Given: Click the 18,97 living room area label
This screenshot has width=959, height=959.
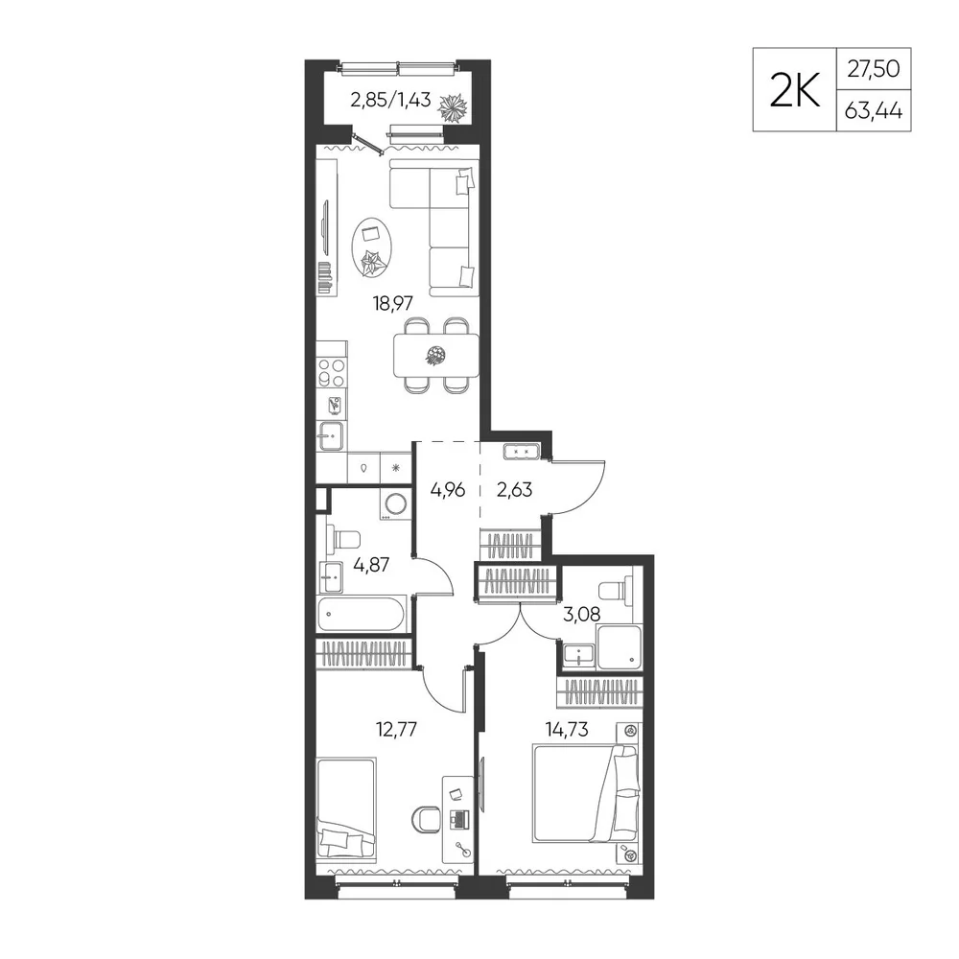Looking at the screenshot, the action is tap(393, 303).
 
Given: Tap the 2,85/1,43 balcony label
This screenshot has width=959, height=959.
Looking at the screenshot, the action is tap(391, 99).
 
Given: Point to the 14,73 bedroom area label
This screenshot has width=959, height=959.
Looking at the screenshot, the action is tap(567, 729).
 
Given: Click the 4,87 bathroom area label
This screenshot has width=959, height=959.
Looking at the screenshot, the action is tap(371, 564).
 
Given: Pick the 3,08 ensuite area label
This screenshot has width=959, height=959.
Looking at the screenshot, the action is tap(581, 614).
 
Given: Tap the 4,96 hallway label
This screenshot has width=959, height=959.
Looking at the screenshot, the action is tap(448, 490).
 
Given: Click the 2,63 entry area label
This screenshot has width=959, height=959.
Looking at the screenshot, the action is tap(514, 490).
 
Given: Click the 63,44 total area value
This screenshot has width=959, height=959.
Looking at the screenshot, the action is tap(874, 111).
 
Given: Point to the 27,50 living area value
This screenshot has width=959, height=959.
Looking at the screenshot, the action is tap(874, 68).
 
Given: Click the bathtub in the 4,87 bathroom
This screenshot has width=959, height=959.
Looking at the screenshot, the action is tap(361, 614).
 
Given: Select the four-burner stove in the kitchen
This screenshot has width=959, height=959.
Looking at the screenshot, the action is tap(332, 373).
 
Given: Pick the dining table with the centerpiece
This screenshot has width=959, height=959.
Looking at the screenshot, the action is tap(436, 356).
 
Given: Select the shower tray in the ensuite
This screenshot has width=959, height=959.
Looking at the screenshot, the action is tap(620, 646).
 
